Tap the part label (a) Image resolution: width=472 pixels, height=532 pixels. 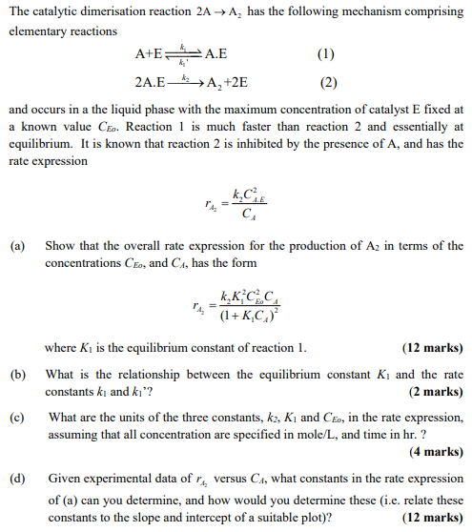[x=17, y=245]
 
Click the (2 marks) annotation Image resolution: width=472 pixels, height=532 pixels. [x=436, y=392]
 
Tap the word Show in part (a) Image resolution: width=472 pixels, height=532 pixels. [x=60, y=245]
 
